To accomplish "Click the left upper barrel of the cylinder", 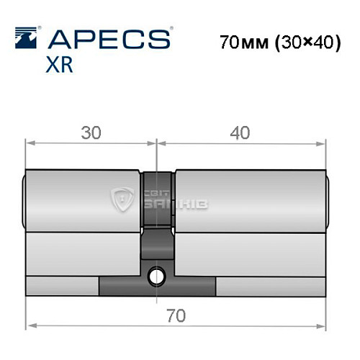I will [x=83, y=202].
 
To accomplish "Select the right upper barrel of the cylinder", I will [x=248, y=202].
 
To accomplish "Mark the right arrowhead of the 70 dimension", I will [x=323, y=325].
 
